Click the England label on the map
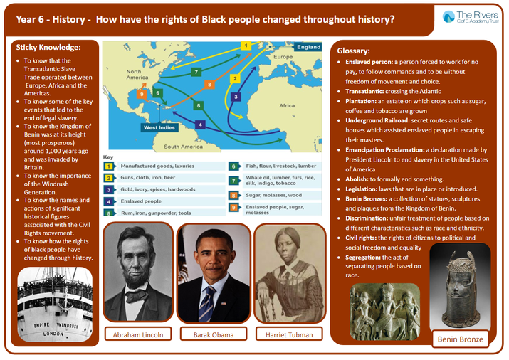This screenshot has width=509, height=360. coord(308,47)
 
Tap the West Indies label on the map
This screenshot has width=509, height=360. coord(159,127)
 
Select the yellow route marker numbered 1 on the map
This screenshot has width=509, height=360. coord(246,46)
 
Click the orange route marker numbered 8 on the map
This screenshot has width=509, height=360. coord(209,85)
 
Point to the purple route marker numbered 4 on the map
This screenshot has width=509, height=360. coord(200,125)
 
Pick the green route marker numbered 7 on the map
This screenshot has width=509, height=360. coord(196,72)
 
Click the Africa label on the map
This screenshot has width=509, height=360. coord(287,105)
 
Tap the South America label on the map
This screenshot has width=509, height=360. coord(183,147)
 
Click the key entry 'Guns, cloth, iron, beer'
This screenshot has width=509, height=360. coord(147,177)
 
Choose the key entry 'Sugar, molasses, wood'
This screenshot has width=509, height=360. coord(273,195)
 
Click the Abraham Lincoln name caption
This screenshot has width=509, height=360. coord(138,334)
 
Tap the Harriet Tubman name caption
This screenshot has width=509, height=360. coord(289,334)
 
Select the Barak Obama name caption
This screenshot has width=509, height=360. coord(214,334)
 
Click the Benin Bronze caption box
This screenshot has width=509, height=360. coord(461,339)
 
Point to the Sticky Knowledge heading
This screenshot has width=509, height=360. coord(48,48)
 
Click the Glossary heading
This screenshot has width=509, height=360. coord(353,51)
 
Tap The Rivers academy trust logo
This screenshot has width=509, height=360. coord(471,17)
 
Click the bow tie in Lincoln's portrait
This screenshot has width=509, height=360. coord(137,296)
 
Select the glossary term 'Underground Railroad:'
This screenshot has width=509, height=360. coord(377,120)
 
